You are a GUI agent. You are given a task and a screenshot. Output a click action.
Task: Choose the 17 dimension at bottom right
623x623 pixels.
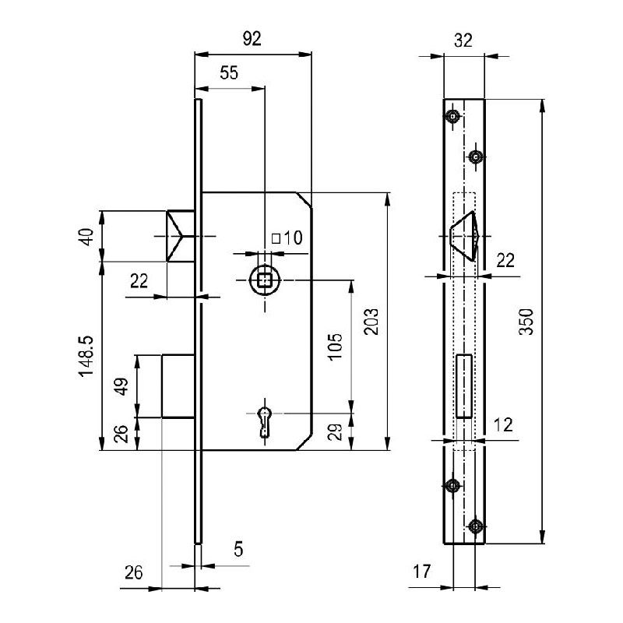point(421,572)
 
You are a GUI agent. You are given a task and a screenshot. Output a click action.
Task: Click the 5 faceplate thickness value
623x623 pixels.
point(238,549)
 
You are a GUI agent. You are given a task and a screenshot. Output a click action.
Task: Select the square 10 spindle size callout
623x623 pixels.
point(286,238)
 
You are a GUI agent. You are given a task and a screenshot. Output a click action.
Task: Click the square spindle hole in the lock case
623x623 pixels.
point(265,280)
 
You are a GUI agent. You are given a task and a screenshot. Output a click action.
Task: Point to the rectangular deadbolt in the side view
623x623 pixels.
point(178,386)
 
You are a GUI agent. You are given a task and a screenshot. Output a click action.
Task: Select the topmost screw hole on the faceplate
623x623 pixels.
point(452,118)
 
